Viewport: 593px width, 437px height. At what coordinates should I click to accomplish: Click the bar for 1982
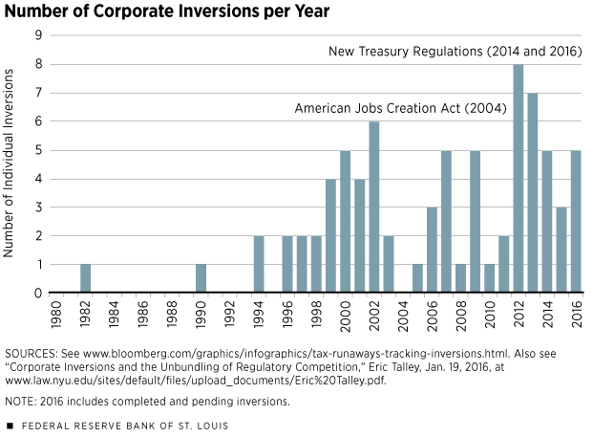point(86,278)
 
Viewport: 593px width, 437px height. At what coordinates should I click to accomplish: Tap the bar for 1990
point(201,278)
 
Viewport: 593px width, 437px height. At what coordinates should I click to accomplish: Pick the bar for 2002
point(374,208)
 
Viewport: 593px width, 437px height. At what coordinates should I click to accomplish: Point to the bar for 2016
point(576,222)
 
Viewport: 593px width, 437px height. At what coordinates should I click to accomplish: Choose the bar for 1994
point(259,265)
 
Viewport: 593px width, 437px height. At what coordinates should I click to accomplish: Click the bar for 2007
point(446,222)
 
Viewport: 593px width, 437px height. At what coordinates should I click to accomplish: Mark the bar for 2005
point(417,278)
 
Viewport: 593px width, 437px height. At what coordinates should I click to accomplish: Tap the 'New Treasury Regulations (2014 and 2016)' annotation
point(455,51)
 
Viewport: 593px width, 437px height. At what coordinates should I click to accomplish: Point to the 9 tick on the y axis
point(38,35)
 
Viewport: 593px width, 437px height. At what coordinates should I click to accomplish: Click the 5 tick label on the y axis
point(38,150)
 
